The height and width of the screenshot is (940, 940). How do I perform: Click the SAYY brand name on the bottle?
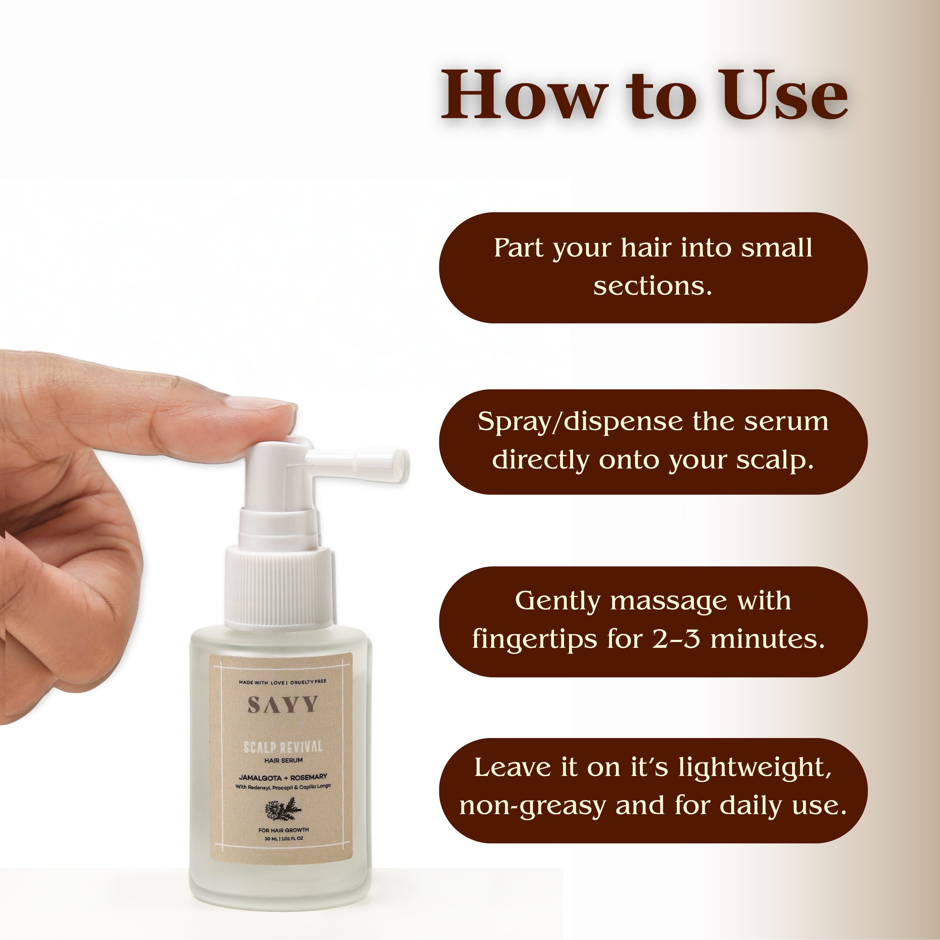(x=283, y=705)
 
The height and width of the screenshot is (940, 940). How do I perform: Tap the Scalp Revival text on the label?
(x=283, y=747)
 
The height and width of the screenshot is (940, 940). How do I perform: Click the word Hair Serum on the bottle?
(x=284, y=760)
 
